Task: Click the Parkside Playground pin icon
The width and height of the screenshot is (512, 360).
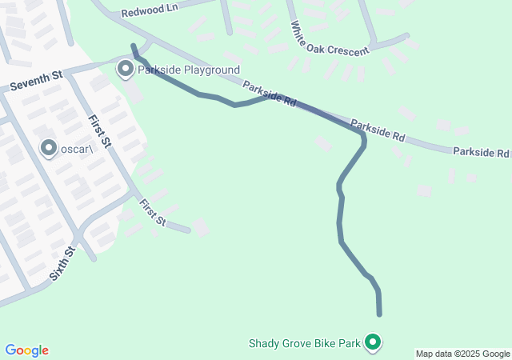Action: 126,69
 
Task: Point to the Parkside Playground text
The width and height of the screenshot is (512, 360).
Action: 189,70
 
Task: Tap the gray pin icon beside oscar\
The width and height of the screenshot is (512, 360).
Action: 49,148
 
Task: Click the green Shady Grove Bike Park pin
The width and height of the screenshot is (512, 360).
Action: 372,342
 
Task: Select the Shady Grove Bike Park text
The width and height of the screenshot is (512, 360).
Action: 305,344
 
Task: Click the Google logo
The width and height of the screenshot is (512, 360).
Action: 26,350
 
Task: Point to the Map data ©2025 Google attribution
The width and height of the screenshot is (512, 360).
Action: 462,354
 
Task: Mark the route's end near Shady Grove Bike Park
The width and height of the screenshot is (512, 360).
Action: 379,314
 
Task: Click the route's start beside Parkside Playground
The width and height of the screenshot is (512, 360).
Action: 134,46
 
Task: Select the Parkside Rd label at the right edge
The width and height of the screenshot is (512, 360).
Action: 481,152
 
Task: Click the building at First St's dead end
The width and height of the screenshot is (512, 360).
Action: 200,229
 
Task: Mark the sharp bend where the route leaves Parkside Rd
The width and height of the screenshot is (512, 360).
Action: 363,139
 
